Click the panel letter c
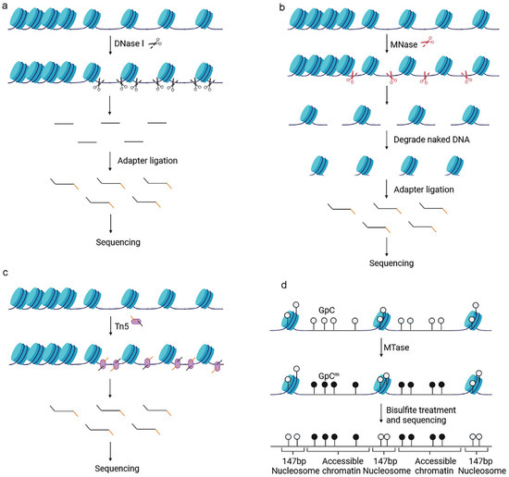[x=6, y=273]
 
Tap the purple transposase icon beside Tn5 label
[x=141, y=320]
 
